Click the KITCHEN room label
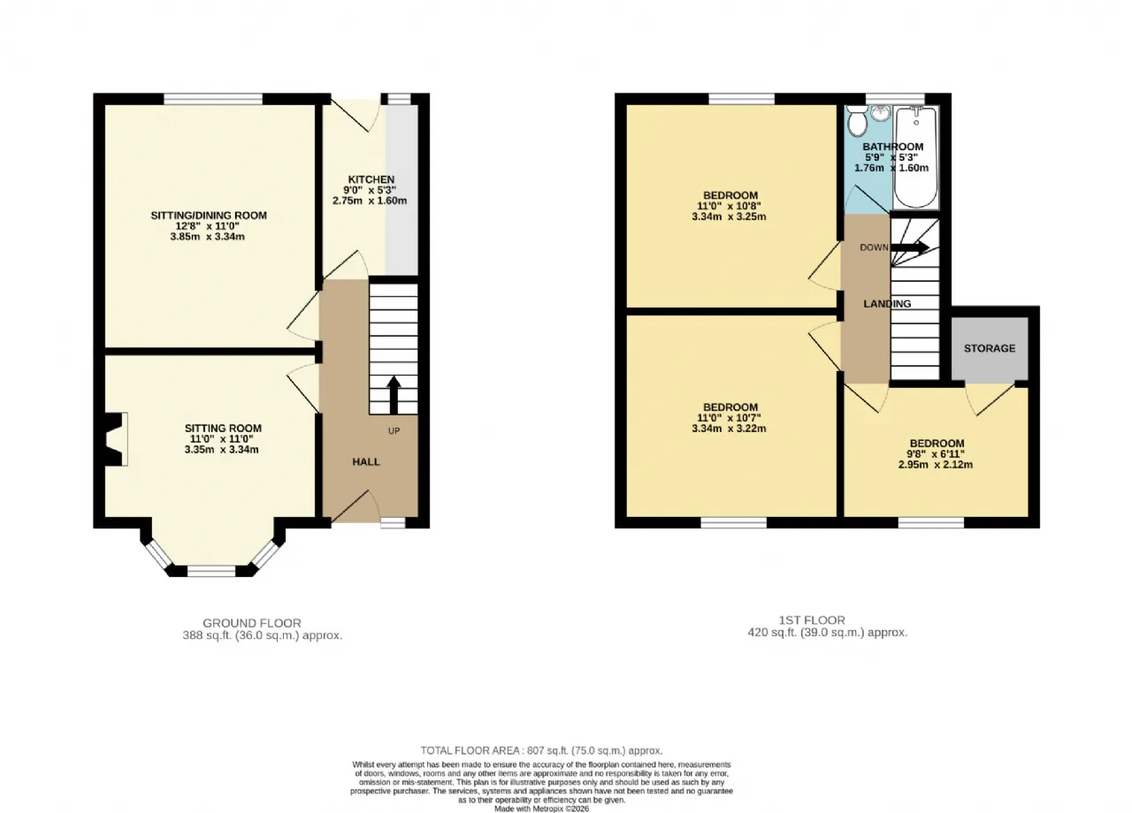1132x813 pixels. click(371, 179)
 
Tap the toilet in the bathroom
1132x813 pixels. click(857, 121)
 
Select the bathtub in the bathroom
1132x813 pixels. click(915, 157)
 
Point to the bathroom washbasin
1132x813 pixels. click(880, 113)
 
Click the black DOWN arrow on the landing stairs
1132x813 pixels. click(910, 247)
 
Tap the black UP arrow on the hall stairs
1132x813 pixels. click(394, 395)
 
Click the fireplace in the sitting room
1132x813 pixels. click(115, 439)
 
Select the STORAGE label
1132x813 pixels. click(989, 348)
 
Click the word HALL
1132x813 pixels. click(366, 461)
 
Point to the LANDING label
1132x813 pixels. click(887, 303)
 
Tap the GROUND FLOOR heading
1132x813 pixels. click(252, 623)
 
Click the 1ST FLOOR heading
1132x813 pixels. click(812, 619)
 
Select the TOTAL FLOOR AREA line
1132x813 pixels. click(542, 750)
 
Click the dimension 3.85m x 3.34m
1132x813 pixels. click(207, 236)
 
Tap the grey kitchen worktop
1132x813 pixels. click(402, 190)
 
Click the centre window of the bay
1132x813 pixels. click(211, 571)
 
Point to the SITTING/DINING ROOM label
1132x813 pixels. click(209, 216)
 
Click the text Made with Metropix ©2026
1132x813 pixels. click(541, 809)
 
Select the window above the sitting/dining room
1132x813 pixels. click(213, 99)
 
